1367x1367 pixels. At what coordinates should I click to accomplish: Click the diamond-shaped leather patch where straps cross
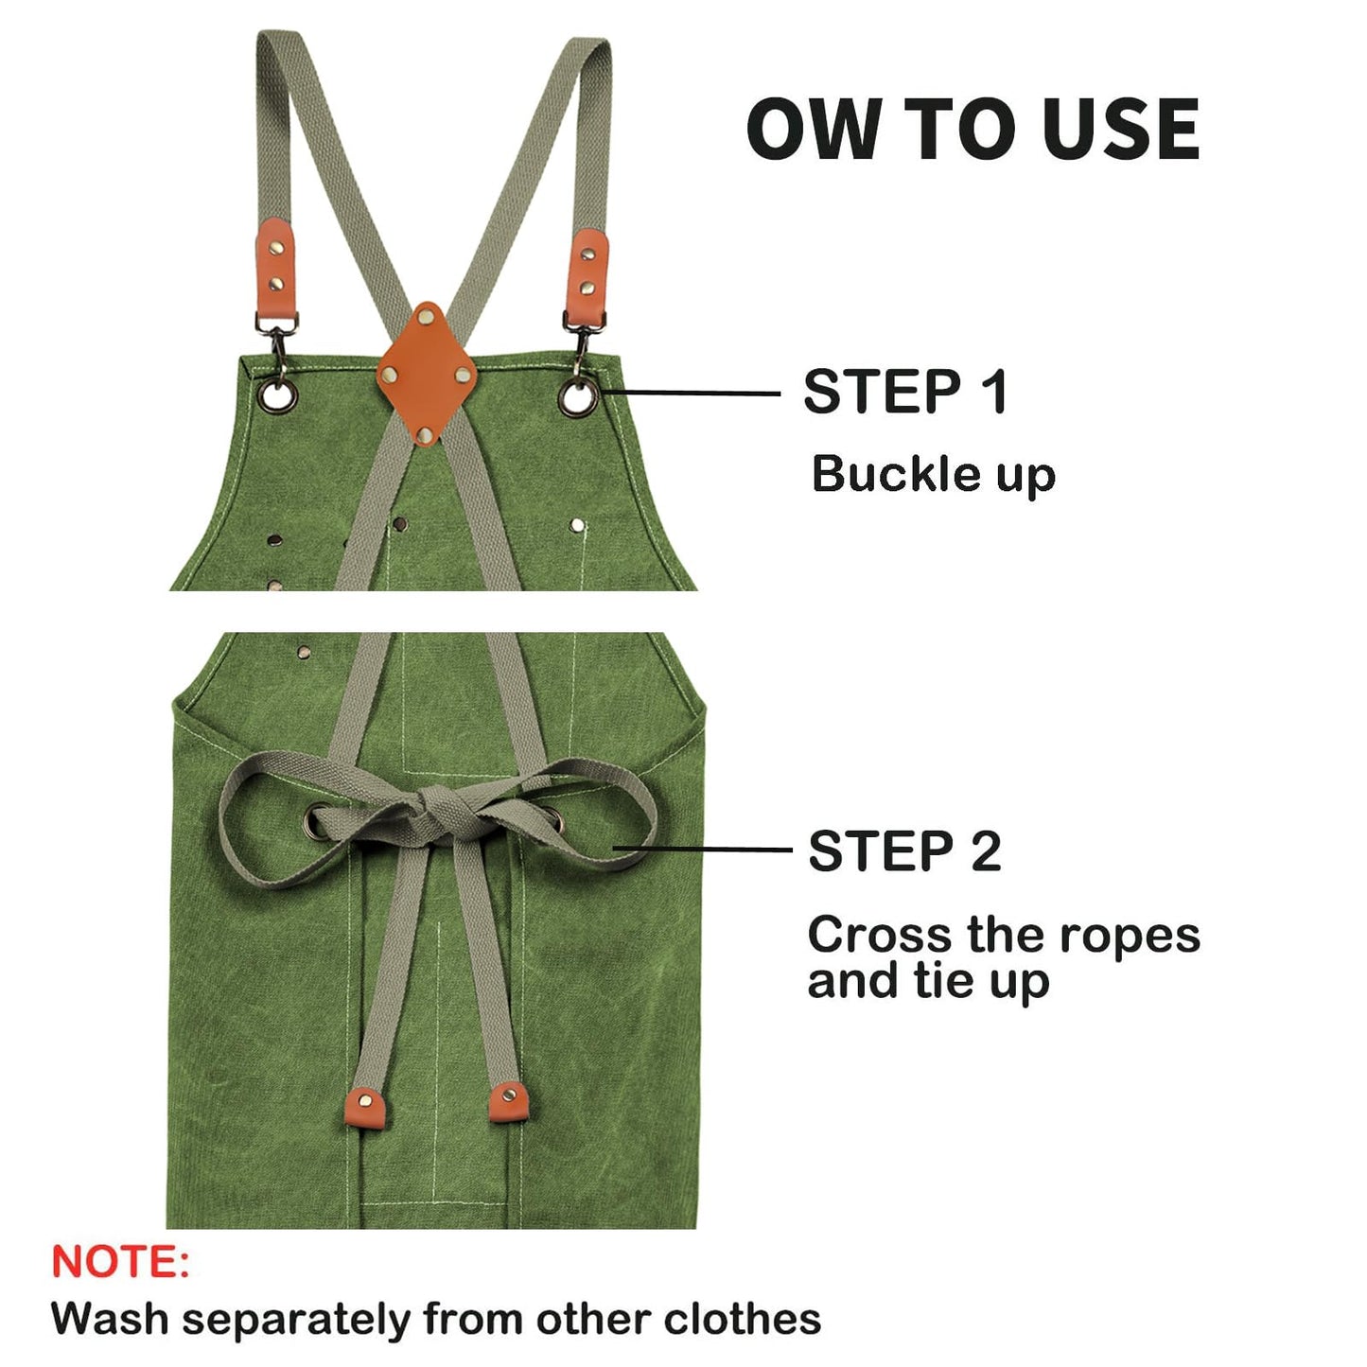427,374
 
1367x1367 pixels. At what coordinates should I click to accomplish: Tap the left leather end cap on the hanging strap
366,1108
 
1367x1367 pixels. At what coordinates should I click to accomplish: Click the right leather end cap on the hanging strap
508,1102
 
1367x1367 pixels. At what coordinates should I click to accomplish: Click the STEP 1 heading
904,392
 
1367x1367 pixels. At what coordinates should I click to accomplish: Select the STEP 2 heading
904,850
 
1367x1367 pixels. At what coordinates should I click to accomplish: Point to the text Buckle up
933,474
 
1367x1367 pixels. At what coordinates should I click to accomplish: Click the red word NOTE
120,1262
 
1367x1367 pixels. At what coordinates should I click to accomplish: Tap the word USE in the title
1121,130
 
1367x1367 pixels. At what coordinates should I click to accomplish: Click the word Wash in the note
112,1319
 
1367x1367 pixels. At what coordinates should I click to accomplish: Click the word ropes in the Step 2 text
1130,936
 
